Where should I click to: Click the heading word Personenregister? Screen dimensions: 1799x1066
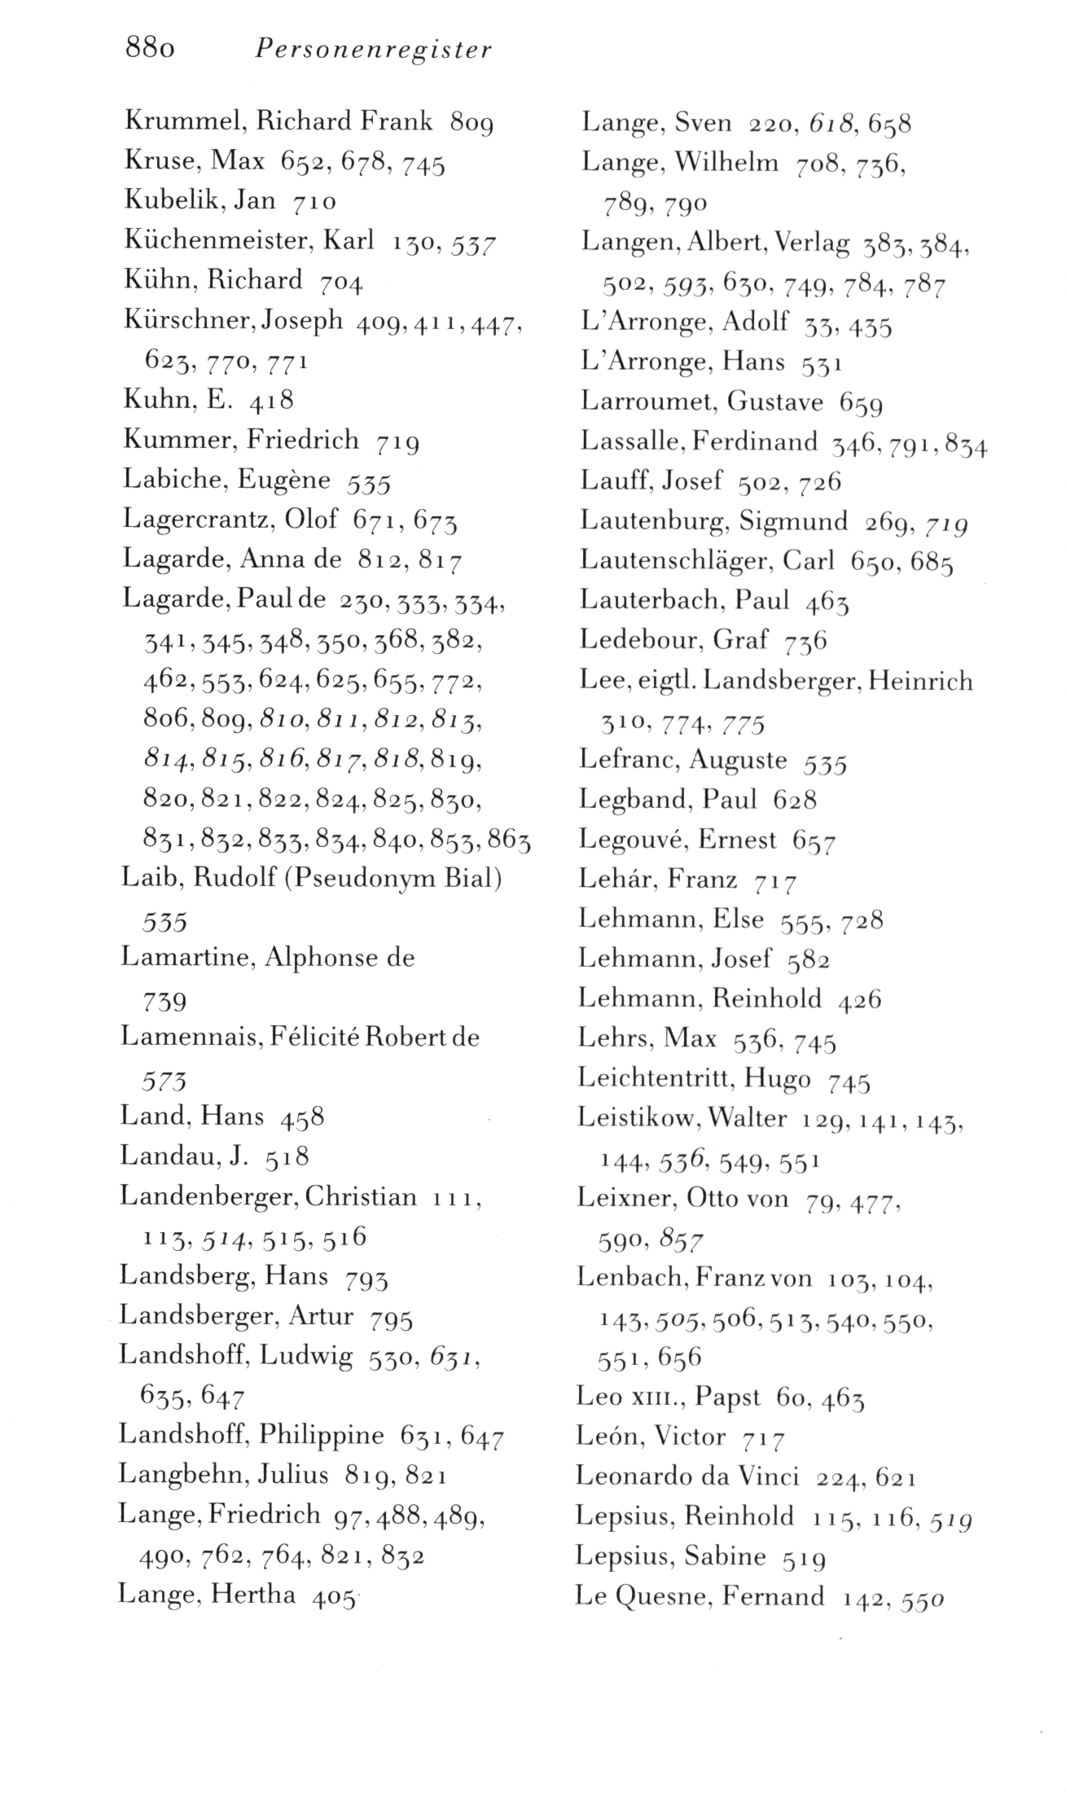[373, 50]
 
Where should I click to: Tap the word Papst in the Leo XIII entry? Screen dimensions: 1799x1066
[726, 1398]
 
